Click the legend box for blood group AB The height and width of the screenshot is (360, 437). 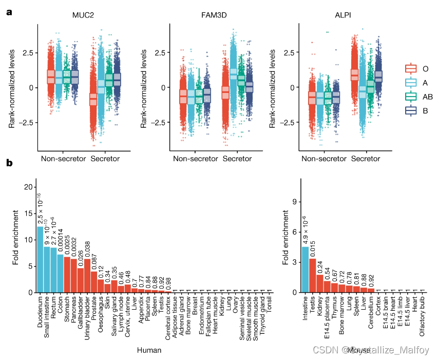coord(411,97)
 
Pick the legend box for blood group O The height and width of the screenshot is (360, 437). coord(411,68)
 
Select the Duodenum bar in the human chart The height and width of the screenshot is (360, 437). coord(40,259)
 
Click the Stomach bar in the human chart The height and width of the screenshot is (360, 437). coord(67,274)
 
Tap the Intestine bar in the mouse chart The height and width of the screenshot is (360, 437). coord(305,270)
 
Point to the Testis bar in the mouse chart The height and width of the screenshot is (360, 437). coord(312,275)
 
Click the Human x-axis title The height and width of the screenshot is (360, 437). coord(149,350)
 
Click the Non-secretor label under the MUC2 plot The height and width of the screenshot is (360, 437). coord(63,159)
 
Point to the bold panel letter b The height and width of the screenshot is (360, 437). coord(9,163)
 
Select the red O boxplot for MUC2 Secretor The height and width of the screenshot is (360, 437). coord(93,100)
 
